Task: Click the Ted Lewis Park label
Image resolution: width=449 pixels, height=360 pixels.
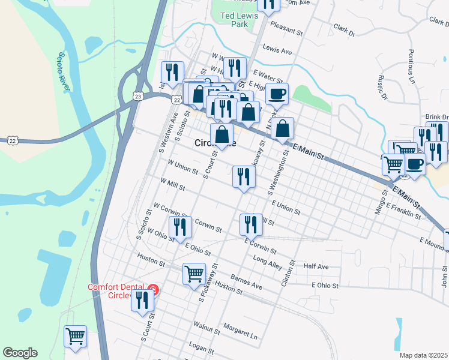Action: point(235,20)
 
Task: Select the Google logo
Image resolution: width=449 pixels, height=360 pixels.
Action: point(20,353)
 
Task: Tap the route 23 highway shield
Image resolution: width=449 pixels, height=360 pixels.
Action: point(139,96)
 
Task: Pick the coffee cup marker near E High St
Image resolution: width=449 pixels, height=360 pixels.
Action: point(277,94)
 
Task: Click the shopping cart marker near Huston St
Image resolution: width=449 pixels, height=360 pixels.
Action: point(194,274)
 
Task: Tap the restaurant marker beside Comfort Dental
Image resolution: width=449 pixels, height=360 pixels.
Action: point(142,299)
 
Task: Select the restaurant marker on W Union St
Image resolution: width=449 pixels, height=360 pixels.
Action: point(244,176)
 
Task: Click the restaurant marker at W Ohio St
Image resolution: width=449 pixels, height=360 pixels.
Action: point(180,227)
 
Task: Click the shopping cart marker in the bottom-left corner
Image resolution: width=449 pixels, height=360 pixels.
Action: point(75,336)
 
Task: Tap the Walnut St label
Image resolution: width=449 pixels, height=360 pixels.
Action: point(208,325)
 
